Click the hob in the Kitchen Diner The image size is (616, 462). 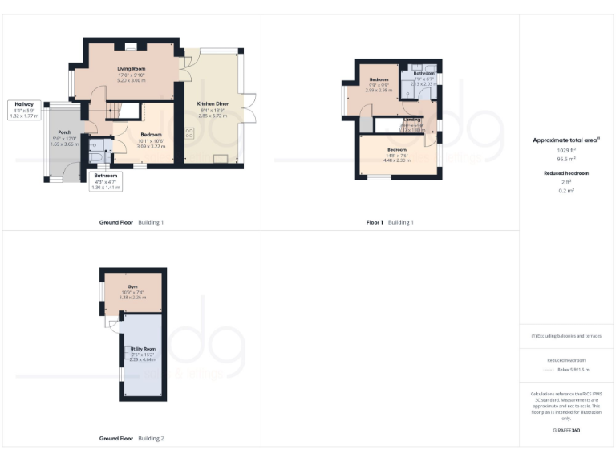coord(190,134)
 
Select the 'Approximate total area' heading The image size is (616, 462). coord(565,140)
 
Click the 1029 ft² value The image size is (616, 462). coord(566,150)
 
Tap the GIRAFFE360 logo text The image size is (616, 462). coord(565,431)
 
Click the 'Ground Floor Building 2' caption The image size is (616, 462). coord(132,439)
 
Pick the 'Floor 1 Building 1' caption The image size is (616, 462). coord(390,221)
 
